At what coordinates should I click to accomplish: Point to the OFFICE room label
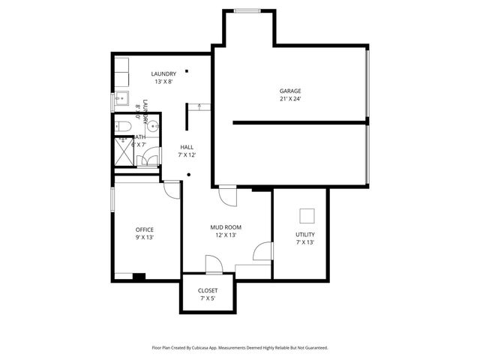tap(144, 229)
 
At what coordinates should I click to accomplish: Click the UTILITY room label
tap(305, 235)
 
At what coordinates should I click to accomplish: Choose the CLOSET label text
tap(208, 290)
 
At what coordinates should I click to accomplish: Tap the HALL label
tap(187, 147)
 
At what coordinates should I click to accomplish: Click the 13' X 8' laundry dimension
tap(163, 82)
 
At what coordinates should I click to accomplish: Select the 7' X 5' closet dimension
tap(208, 298)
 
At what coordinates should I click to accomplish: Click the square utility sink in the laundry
tap(121, 98)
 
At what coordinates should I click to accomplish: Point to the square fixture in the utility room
tap(307, 216)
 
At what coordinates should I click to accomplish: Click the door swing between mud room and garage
tap(227, 196)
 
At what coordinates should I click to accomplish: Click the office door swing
tap(172, 190)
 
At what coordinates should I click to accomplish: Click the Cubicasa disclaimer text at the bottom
tap(239, 347)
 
